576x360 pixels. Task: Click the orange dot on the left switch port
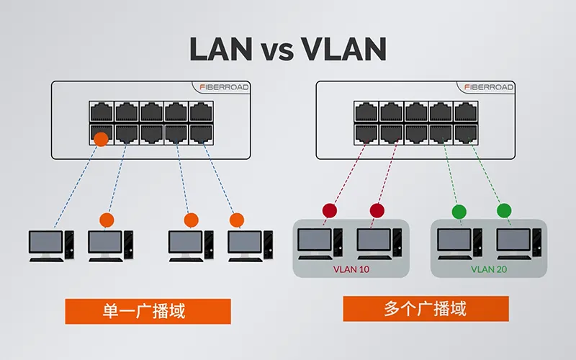[102, 139]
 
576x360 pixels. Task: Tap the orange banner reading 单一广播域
[148, 311]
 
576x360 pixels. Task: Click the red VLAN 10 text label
[350, 269]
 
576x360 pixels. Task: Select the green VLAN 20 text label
[489, 269]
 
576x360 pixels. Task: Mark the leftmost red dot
[330, 211]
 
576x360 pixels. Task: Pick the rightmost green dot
[504, 211]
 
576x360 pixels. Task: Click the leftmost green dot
[459, 212]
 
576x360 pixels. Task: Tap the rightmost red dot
[377, 211]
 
